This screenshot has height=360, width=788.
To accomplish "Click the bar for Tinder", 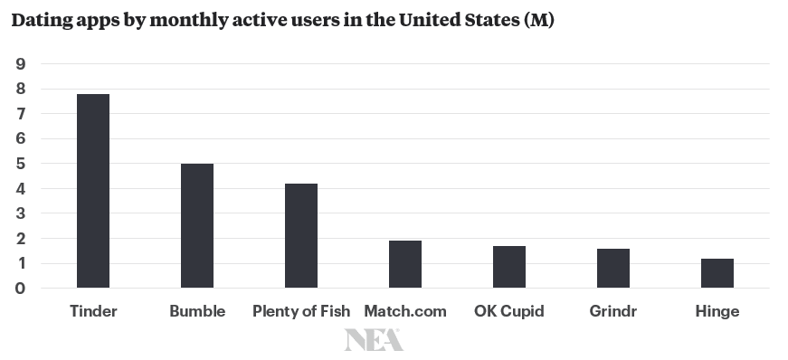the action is pos(93,191).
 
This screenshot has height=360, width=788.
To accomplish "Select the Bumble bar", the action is pos(197,226).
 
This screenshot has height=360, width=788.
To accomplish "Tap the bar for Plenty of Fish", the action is pos(301,236).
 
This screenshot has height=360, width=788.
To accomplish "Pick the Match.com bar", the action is pos(405,264).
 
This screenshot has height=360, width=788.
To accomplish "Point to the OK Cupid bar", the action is pos(509,267).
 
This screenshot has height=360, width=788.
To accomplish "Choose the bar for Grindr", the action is pos(613,269).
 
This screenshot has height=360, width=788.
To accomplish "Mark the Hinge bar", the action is pos(717,273).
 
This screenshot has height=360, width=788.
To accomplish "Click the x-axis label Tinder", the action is pos(93,311).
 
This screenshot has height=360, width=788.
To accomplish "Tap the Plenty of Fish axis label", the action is pos(301,312).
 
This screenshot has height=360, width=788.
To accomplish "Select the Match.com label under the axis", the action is pos(405,311).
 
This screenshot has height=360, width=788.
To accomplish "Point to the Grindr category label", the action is pos(613,311).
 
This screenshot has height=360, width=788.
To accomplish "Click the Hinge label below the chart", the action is pos(717,312).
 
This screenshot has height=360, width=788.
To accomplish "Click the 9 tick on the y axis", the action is pos(21,64).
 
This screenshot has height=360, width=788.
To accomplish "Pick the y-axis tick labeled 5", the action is pos(21,164).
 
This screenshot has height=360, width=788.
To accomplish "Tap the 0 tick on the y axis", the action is pos(21,289).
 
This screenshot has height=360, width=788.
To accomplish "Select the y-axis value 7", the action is pos(21,114).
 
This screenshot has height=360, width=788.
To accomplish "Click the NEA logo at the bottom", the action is pos(374,340).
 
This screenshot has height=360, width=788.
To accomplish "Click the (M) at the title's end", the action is pos(539,21).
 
